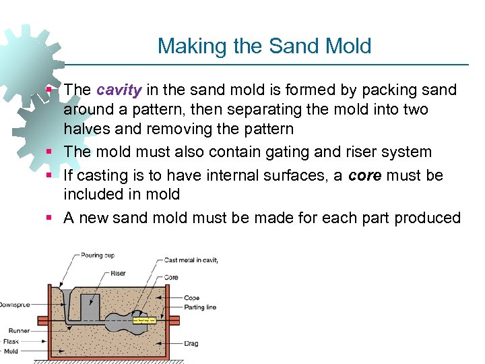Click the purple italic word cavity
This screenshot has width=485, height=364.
pos(119,90)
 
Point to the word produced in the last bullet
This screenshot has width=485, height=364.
pos(428,218)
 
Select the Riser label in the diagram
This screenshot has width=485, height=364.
pos(118,274)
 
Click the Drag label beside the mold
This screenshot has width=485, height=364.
pos(191,343)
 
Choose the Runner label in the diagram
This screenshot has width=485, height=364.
pos(18,330)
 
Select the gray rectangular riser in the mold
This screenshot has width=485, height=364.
pos(90,307)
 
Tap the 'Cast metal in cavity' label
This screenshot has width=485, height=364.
pos(191,260)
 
